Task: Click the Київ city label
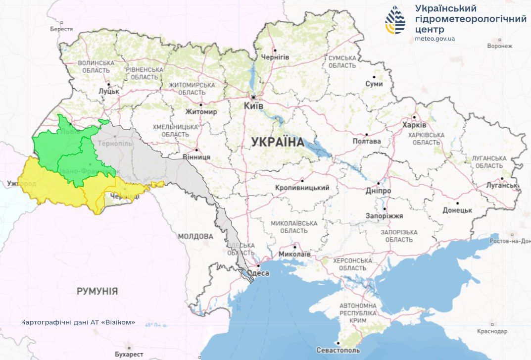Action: click(254, 106)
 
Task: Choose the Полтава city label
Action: click(367, 141)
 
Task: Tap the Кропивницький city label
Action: click(302, 188)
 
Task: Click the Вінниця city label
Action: click(197, 157)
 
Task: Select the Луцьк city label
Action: click(109, 91)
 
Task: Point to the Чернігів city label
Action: click(275, 57)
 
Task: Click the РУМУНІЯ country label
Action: click(97, 291)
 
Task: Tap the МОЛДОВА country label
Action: click(195, 237)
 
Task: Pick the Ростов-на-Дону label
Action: click(510, 241)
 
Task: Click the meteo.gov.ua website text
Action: click(435, 39)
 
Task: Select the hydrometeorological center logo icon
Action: click(395, 20)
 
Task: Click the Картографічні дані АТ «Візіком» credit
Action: click(78, 322)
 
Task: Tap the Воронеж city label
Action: click(499, 46)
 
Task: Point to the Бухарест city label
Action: click(129, 354)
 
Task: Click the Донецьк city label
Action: click(457, 210)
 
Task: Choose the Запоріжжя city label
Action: click(384, 216)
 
